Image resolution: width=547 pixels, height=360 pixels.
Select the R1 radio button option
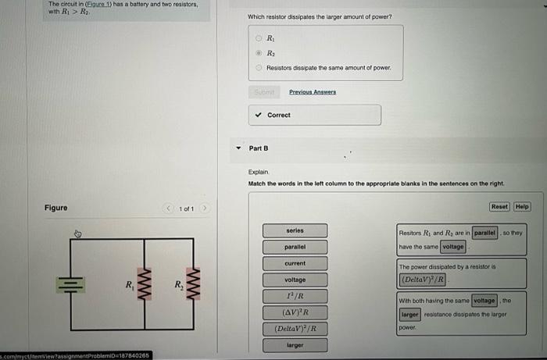click(x=260, y=38)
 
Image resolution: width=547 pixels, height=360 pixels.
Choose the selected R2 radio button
click(x=260, y=53)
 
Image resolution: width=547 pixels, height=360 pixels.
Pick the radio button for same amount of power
click(x=260, y=68)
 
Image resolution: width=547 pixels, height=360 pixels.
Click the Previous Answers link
click(x=312, y=91)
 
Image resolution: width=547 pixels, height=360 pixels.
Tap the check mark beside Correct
click(x=259, y=115)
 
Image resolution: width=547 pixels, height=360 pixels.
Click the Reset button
click(x=499, y=207)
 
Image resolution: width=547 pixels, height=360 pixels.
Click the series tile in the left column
click(x=295, y=230)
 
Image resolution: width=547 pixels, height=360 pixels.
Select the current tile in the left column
click(x=295, y=263)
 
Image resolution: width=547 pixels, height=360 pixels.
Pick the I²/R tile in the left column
click(x=295, y=296)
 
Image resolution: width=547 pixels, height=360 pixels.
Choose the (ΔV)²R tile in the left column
click(x=295, y=312)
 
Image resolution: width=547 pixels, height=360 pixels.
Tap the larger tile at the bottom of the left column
click(x=295, y=344)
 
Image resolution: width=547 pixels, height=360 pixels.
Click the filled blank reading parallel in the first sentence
click(x=484, y=233)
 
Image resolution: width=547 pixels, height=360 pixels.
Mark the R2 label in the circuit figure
click(x=179, y=283)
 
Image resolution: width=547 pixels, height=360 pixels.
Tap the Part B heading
click(x=259, y=148)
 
